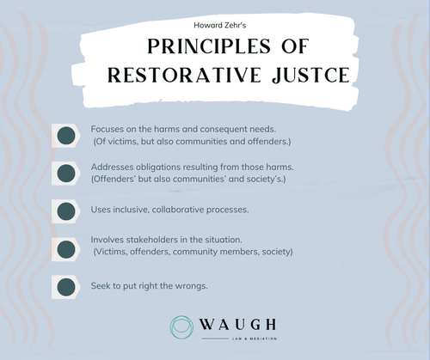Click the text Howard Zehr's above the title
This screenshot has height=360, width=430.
coord(214,27)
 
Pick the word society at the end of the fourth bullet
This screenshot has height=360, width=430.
coord(276,252)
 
